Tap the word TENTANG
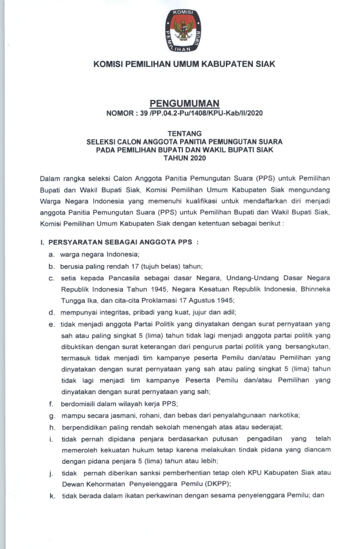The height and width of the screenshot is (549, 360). pyautogui.click(x=180, y=133)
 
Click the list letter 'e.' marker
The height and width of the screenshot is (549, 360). pyautogui.click(x=52, y=323)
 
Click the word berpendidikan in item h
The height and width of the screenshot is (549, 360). pyautogui.click(x=85, y=427)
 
